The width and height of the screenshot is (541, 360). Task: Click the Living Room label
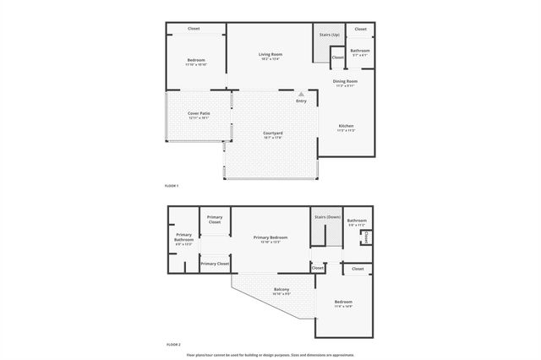[x=270, y=54]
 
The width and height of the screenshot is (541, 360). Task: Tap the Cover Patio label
[x=198, y=114]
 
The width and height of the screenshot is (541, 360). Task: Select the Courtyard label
[x=272, y=134]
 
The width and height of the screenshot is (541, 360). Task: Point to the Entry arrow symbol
[x=301, y=95]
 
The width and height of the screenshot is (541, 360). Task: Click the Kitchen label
[x=347, y=125]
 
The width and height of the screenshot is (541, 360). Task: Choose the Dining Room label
[x=346, y=81]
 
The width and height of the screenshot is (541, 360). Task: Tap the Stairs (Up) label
[x=329, y=35]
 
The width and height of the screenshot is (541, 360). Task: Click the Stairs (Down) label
[x=326, y=217]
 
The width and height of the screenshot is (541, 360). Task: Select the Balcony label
[x=282, y=290]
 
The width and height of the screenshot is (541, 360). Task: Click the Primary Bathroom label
[x=184, y=237]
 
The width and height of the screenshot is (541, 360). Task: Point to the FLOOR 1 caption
[x=172, y=185]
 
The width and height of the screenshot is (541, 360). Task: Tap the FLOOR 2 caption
[x=172, y=345]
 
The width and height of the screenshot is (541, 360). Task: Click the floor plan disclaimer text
[x=270, y=355]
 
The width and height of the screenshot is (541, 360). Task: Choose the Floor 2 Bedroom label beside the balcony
[x=343, y=302]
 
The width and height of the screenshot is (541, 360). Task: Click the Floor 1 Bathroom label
[x=361, y=51]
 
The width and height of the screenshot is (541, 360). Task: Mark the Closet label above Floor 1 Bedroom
[x=194, y=28]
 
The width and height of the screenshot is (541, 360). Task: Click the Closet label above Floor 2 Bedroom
[x=358, y=269]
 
